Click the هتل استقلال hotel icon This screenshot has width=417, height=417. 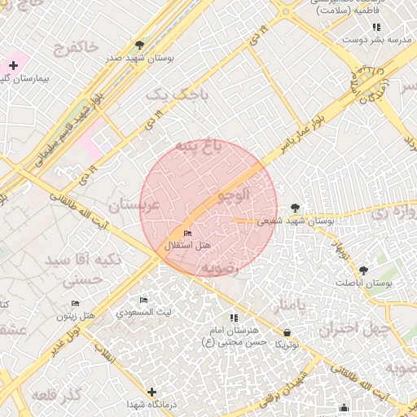(188, 235)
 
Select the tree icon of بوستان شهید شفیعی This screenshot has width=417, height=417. (295, 208)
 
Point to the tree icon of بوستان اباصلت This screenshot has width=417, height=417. (362, 270)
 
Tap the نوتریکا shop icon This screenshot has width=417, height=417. (287, 332)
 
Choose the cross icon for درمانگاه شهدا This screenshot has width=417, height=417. (151, 392)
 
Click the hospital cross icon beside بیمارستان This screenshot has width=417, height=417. (13, 64)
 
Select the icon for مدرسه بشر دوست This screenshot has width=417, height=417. (375, 27)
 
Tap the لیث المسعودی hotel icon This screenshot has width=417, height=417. (144, 301)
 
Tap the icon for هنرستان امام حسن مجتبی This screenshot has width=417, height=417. (234, 318)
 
